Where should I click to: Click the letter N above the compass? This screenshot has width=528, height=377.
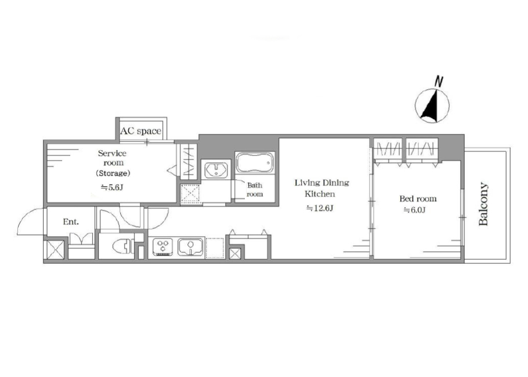coord(439,81)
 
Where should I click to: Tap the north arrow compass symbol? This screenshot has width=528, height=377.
coord(432,106)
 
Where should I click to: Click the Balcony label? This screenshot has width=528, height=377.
coord(483,204)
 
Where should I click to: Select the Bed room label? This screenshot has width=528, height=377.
coord(418,198)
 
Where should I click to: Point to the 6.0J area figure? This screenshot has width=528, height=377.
coord(414,210)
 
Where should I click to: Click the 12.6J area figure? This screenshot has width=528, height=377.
coord(320,208)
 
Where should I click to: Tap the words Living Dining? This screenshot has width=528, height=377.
coord(322,183)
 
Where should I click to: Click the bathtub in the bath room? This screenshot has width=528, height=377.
coord(255,163)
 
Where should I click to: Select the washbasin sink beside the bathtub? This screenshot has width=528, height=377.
coord(216,169)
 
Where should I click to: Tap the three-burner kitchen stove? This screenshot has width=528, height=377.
coord(163,247)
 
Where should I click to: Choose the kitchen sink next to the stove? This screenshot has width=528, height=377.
coord(190,247)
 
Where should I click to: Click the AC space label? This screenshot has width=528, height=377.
coord(141,130)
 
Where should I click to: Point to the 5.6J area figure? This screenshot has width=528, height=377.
coord(112,187)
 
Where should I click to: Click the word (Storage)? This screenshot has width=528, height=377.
coord(113,173)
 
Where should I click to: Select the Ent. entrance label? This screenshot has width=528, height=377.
coord(71,222)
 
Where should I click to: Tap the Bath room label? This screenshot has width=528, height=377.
coord(255,190)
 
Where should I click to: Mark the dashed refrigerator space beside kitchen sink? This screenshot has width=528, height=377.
coord(215,248)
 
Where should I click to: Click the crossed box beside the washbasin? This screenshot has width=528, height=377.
coord(190,194)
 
